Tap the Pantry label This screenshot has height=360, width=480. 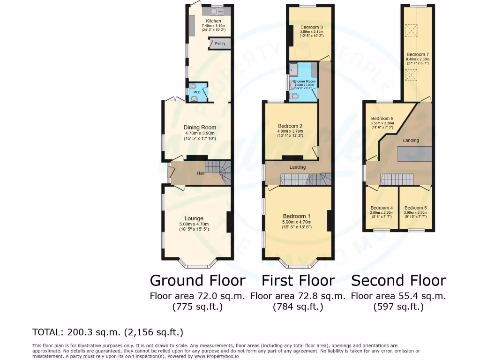tap(220, 44)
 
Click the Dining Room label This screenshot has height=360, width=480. tap(200, 127)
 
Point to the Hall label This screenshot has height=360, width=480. tap(201, 173)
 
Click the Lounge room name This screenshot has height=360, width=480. tap(194, 218)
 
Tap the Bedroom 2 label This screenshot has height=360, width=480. tap(290, 126)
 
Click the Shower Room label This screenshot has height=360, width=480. tap(304, 82)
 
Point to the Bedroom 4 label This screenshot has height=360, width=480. tap(382, 208)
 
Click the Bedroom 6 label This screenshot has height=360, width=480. tap(382, 119)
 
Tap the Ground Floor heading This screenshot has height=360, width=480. tap(197, 281)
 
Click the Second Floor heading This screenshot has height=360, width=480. tap(398, 281)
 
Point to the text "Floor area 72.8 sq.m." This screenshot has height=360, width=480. tap(298, 296)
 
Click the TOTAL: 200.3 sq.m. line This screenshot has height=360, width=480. tap(107, 332)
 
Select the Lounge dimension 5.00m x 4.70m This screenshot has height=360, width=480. tap(194, 224)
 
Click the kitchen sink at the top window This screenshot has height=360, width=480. tap(217, 11)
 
